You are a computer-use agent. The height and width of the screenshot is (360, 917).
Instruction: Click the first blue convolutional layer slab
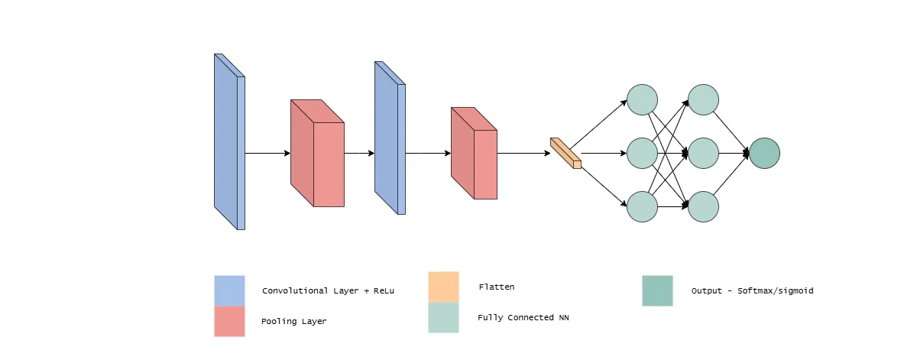click(228, 141)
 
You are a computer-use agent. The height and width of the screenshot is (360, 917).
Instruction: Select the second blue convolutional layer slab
click(388, 138)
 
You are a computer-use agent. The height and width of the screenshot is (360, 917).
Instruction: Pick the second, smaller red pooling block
click(474, 154)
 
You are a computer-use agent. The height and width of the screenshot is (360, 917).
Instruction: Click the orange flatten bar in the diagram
click(565, 153)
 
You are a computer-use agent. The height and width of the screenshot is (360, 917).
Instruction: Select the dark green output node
click(764, 153)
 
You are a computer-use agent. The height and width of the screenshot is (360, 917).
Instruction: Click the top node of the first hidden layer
click(642, 99)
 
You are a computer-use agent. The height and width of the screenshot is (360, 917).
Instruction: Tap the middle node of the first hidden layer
click(642, 153)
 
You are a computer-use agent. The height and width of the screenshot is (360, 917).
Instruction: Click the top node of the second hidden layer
click(703, 99)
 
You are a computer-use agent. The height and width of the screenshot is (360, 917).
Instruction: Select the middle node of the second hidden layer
click(703, 153)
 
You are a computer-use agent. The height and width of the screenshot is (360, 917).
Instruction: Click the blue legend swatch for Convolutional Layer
click(229, 290)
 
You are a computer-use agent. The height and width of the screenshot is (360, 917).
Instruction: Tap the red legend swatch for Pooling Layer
click(229, 321)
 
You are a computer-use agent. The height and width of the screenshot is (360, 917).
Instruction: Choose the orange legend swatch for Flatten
click(443, 287)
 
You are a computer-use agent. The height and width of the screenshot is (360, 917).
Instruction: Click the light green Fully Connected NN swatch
click(443, 317)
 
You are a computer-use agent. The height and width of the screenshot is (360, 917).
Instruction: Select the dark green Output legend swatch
click(657, 290)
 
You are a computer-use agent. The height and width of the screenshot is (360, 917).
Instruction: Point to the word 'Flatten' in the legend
click(496, 287)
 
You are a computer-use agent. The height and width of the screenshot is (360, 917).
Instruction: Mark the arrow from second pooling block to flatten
click(523, 153)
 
